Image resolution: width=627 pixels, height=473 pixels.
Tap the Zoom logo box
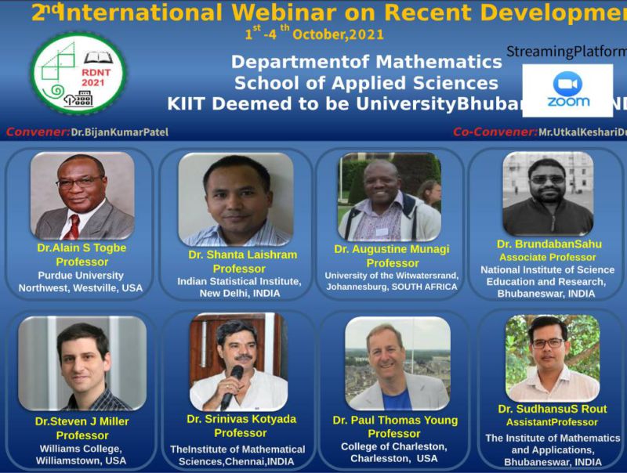tap(568, 90)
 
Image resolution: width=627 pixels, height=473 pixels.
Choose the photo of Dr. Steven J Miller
tap(82, 363)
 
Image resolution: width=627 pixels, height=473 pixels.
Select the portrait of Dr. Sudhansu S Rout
tap(552, 358)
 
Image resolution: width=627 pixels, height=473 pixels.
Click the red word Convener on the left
tap(37, 132)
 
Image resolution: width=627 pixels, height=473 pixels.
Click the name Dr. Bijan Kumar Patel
tap(119, 132)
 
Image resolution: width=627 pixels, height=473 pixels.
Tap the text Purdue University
tap(81, 275)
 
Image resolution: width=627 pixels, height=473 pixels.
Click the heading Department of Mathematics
tap(367, 62)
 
